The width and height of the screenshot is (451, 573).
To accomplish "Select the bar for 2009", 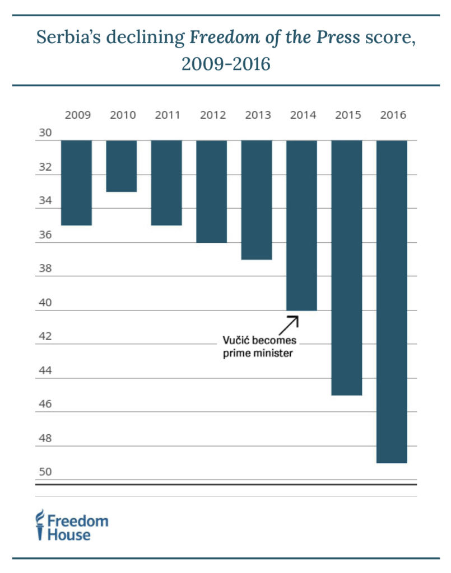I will pos(76,182).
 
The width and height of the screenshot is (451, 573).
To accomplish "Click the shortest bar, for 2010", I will pos(122,166).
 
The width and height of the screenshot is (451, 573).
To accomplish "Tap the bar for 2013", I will pos(257,200).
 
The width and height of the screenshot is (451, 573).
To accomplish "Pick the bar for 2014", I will pos(302,225).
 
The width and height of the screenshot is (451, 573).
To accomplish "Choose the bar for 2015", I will pos(347,267).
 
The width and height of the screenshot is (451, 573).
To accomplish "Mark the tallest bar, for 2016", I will pos(392,301).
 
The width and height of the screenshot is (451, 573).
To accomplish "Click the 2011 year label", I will pos(167,116).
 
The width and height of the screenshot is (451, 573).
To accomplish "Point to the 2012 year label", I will pos(212,116).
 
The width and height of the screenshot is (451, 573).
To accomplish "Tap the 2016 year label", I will pos(393,116).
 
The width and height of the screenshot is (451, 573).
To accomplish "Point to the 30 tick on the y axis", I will pos(45,133).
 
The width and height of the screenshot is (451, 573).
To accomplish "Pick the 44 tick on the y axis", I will pos(45,371).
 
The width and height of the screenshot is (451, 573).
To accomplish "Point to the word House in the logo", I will pos(68,535).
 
